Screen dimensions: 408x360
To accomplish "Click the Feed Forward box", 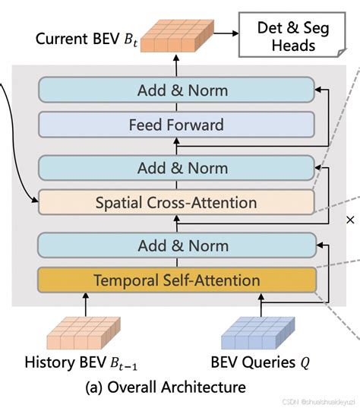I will point(176,124).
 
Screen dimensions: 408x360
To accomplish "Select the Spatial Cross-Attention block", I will point(176,202).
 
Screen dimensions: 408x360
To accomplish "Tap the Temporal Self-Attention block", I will point(176,280).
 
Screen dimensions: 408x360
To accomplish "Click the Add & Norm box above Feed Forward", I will point(176,90).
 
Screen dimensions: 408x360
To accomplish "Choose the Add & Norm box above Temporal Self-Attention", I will point(176,246).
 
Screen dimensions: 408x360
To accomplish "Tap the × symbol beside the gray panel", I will point(350,220).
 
